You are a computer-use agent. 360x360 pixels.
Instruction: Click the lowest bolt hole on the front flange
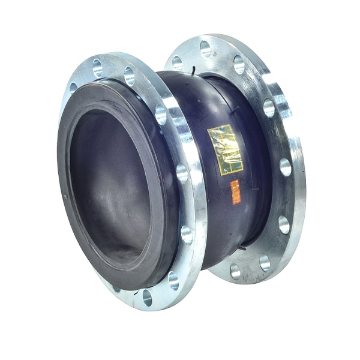pyautogui.click(x=148, y=296)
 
